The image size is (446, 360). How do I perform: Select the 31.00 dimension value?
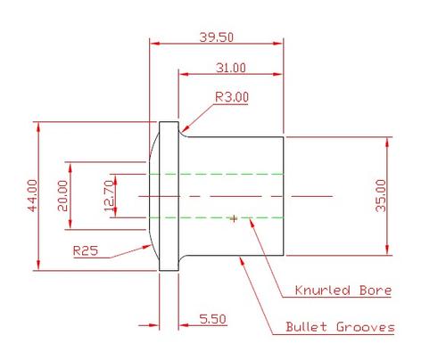point(231,68)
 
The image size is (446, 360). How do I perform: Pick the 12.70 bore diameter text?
point(110,194)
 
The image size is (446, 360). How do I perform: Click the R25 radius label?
point(86,250)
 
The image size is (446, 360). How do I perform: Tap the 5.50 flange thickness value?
point(212,319)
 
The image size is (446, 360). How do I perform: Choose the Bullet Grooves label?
point(340,327)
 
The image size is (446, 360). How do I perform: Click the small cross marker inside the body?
point(234,217)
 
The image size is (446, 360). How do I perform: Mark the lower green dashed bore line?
point(214,217)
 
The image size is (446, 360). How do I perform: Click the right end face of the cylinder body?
point(284,195)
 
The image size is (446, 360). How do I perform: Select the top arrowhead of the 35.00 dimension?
point(389,141)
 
